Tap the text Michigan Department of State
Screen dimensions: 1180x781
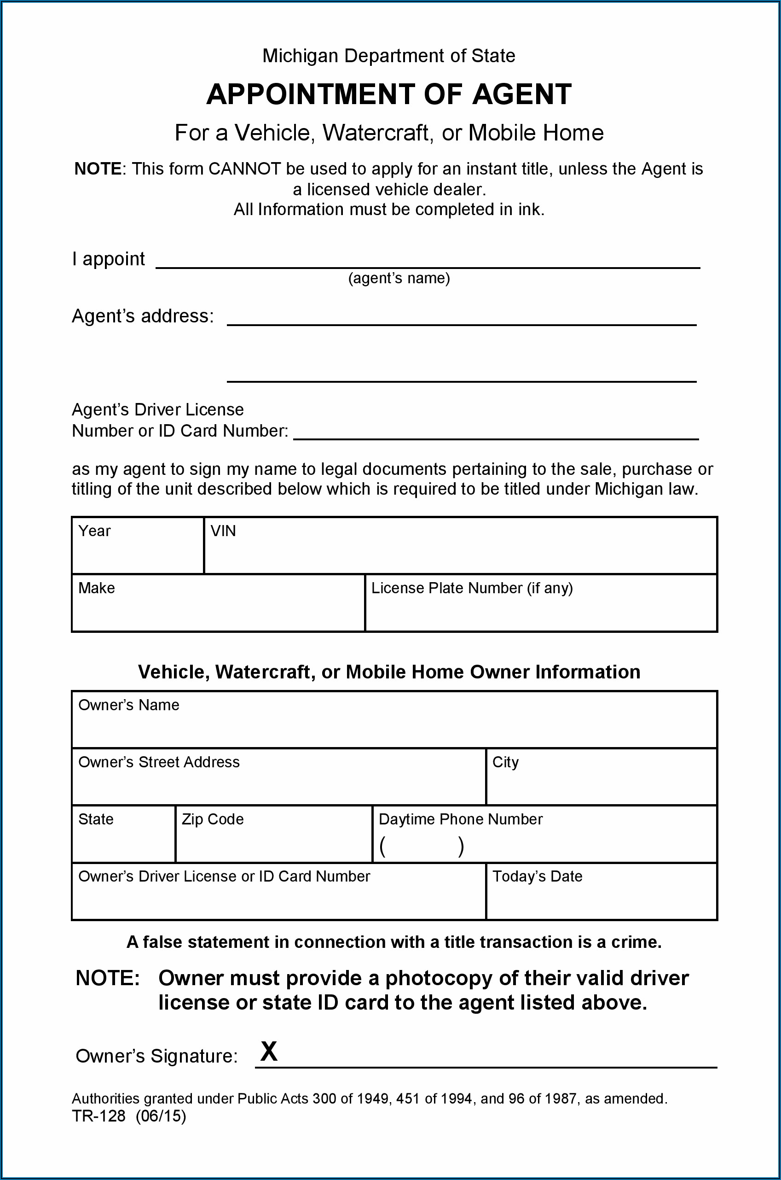[x=388, y=56]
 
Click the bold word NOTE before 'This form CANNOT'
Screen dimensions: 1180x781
[x=98, y=169]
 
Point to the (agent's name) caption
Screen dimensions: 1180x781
[x=399, y=278]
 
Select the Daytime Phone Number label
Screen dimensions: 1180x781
[x=460, y=819]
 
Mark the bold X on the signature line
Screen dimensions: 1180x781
[x=269, y=1051]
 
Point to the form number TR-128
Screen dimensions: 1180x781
[x=98, y=1116]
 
